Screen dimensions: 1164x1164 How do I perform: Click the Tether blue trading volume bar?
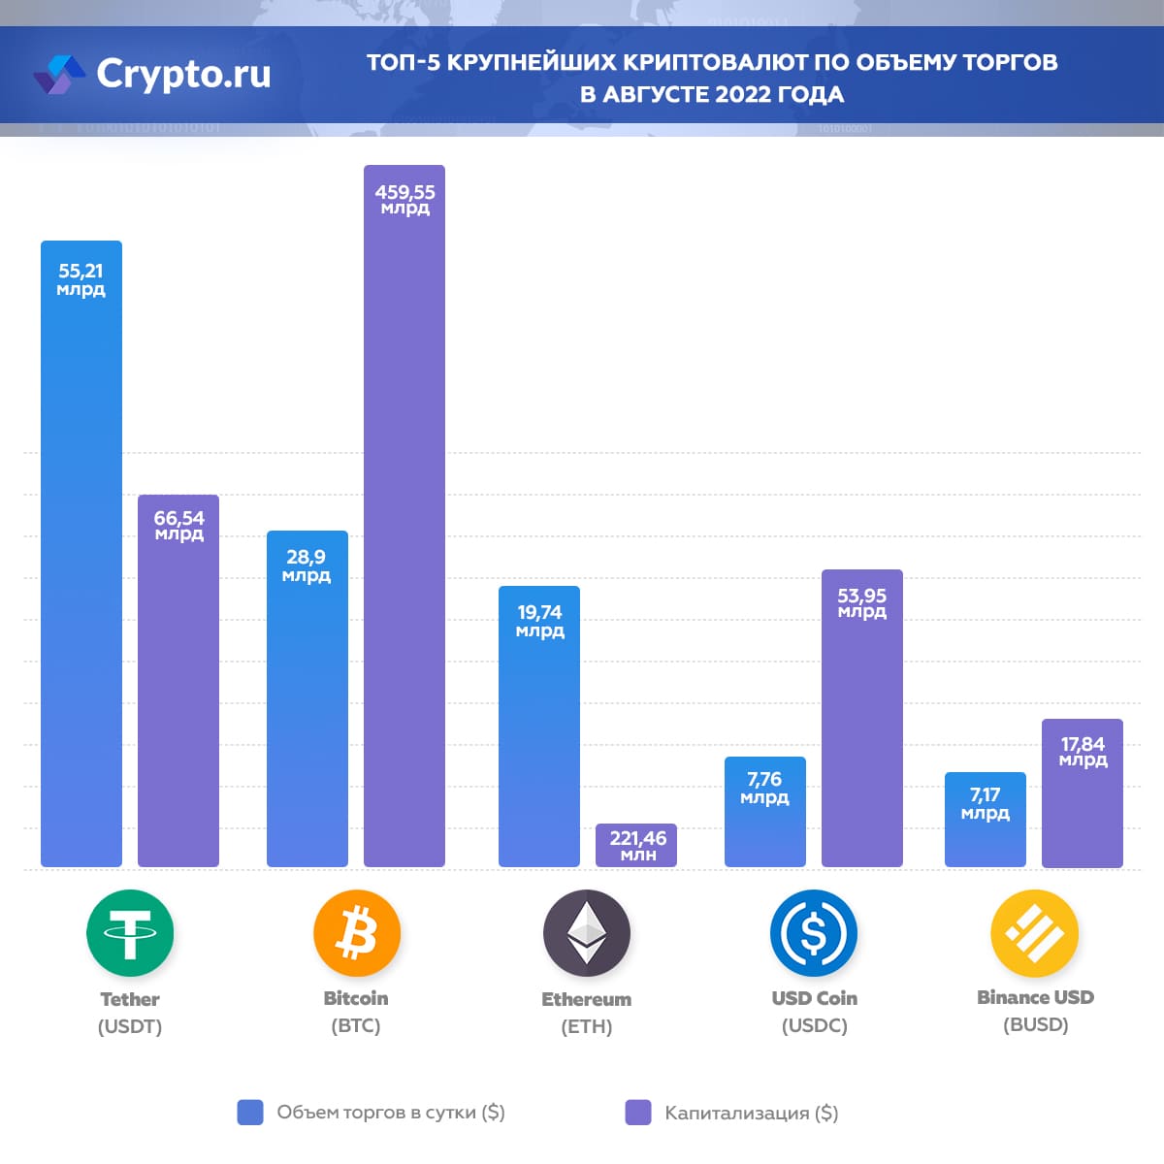point(81,582)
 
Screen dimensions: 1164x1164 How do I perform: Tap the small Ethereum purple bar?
point(636,846)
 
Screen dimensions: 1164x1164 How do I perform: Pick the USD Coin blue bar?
point(765,824)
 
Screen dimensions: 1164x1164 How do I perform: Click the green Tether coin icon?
point(130,933)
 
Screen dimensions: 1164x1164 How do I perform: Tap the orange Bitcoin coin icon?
point(356,933)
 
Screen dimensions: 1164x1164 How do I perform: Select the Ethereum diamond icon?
point(587,933)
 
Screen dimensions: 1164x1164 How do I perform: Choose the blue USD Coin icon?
point(814,933)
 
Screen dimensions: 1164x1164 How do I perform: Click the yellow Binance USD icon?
point(1034,933)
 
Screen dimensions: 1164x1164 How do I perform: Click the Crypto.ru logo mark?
point(59,75)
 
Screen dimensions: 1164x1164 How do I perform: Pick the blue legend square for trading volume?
point(250,1113)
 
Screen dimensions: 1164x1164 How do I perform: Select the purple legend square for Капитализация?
point(638,1113)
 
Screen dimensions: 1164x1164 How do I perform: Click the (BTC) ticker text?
point(356,1026)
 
